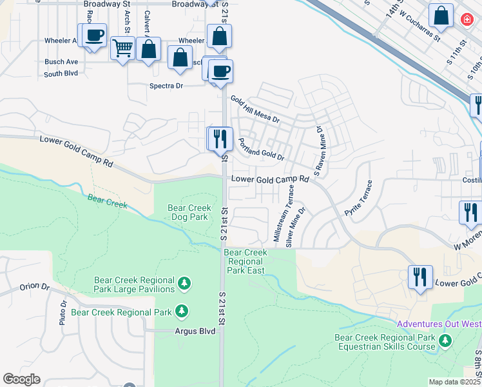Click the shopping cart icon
pos(122,48)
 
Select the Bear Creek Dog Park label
pos(188,213)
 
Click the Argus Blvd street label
pos(195,330)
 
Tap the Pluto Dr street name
pos(64,313)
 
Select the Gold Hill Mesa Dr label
pos(256,110)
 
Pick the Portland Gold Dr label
pos(261,149)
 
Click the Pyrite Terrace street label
pos(359,199)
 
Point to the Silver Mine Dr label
pos(296,226)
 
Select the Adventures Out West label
pos(438,324)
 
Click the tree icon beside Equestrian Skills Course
pos(444,340)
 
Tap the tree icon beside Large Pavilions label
pos(184,283)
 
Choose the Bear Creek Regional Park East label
pos(245,261)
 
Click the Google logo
pos(21,379)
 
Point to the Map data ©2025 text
pos(454,382)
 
